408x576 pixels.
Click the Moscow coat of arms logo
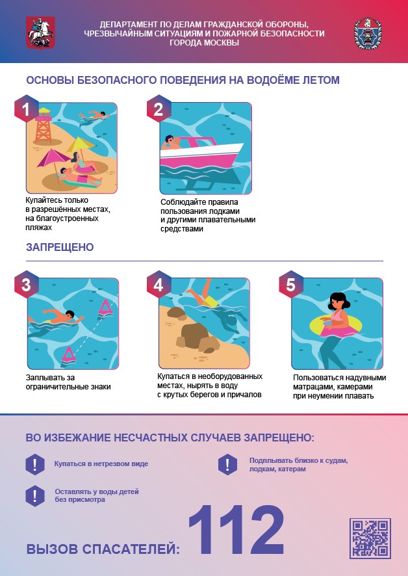(40, 33)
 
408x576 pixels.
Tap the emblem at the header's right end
(368, 33)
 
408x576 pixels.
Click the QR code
(370, 538)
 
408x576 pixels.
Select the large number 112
(236, 530)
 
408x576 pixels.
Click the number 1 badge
(26, 109)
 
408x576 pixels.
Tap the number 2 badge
(159, 109)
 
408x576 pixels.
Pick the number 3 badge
(26, 285)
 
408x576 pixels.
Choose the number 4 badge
(159, 285)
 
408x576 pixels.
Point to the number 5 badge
(290, 285)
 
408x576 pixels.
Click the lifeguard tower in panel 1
(44, 126)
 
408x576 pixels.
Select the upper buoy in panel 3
(105, 307)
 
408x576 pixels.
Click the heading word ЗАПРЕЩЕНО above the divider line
(60, 247)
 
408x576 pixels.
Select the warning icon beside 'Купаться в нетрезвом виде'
(35, 464)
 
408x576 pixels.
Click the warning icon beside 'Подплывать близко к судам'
(227, 464)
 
